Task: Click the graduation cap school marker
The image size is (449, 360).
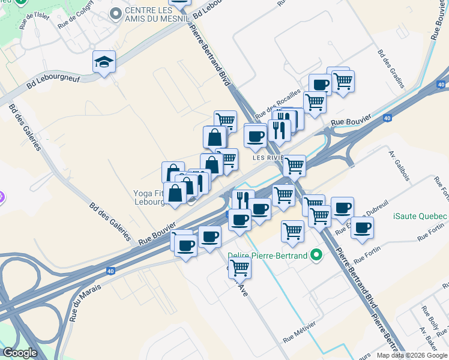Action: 104,62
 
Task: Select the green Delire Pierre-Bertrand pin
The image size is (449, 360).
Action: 316,256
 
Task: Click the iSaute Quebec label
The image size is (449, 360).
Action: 420,217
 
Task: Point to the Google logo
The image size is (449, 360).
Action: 20,353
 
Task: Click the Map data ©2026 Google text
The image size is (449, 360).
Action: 412,355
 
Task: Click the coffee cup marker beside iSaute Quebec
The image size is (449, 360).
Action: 362,228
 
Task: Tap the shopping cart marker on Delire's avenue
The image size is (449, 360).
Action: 240,267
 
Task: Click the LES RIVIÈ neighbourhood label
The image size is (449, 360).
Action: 267,158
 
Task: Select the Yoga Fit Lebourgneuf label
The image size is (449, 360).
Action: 148,197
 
